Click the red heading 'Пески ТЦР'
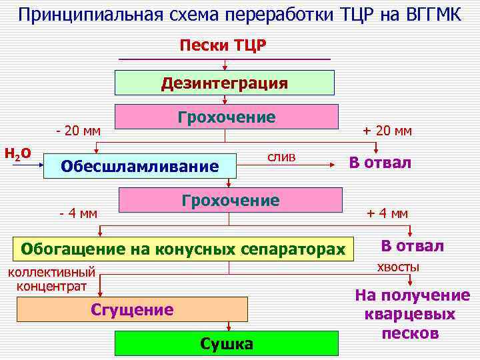click(x=223, y=45)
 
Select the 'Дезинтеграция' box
click(x=225, y=83)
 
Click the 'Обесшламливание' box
click(x=140, y=165)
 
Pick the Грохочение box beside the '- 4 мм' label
click(x=231, y=201)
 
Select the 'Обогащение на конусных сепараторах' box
click(x=183, y=249)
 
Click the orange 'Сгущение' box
click(x=132, y=309)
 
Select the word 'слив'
click(x=281, y=156)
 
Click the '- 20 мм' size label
click(x=78, y=130)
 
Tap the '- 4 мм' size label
click(x=78, y=213)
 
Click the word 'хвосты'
click(x=398, y=267)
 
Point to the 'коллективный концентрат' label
click(x=51, y=279)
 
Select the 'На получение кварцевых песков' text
click(x=411, y=314)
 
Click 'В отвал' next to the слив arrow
click(x=381, y=163)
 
